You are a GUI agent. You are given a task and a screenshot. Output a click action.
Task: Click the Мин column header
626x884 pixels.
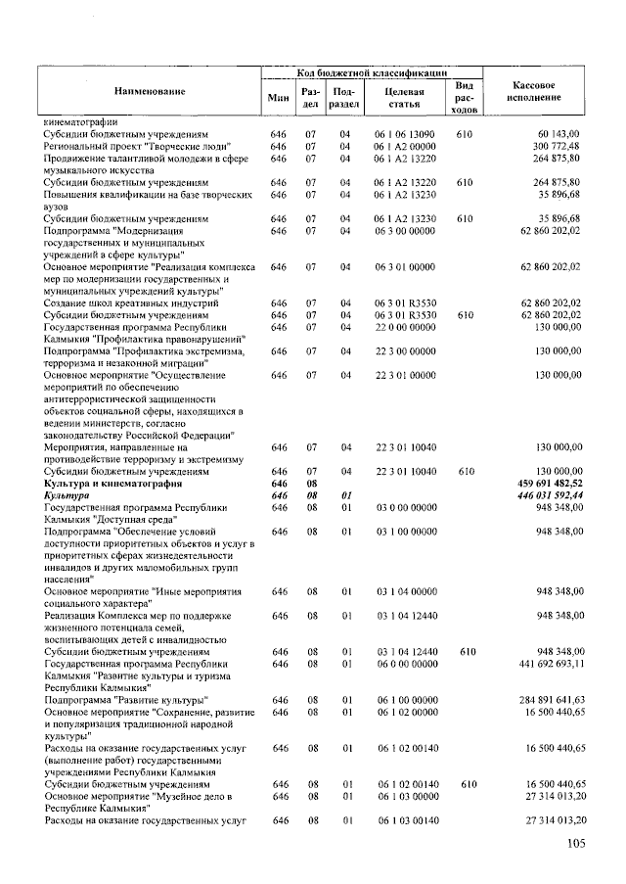[x=278, y=97]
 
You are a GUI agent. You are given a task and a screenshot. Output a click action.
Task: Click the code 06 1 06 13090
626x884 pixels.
[x=404, y=133]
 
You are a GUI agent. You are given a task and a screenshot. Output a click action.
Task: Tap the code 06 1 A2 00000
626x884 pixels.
[x=404, y=146]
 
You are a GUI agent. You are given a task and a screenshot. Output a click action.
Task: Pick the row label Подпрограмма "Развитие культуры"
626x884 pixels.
[x=126, y=700]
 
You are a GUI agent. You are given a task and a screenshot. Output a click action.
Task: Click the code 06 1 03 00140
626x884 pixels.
[x=404, y=820]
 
